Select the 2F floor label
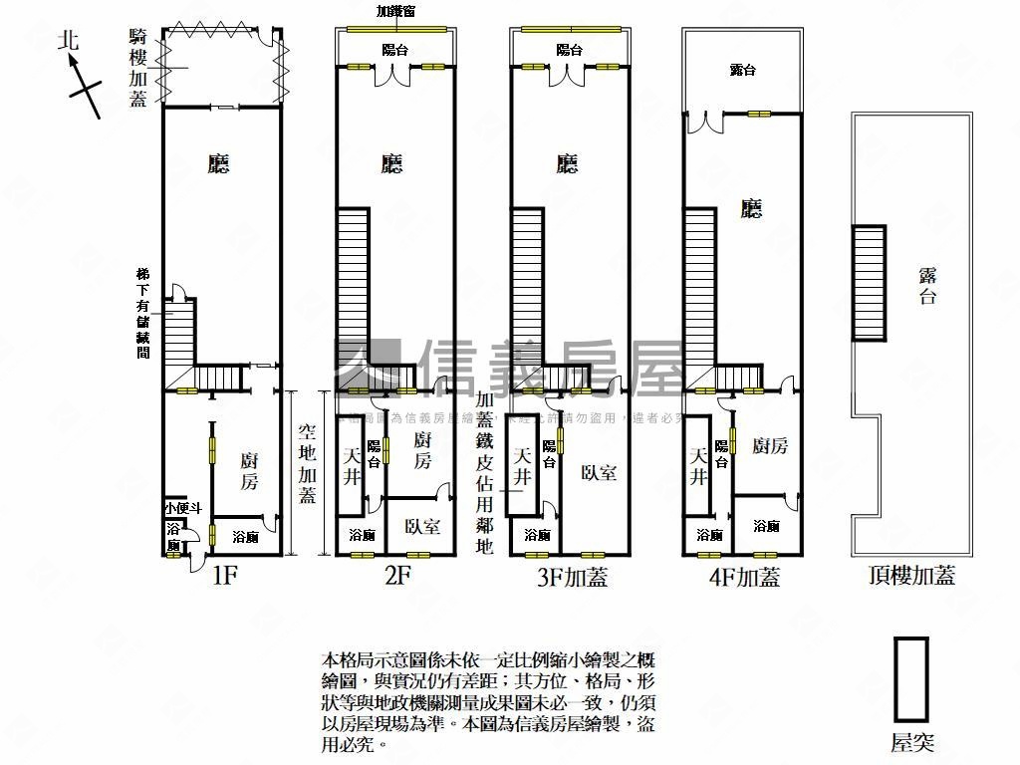point(396,576)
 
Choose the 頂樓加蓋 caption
point(911,576)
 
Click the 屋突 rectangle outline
point(910,679)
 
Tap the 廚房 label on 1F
point(249,470)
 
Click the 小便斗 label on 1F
point(183,508)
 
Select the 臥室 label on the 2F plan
point(422,527)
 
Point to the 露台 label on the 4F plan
point(742,70)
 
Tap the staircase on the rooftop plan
point(869,284)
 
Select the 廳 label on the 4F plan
point(752,208)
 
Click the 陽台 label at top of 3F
point(569,50)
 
